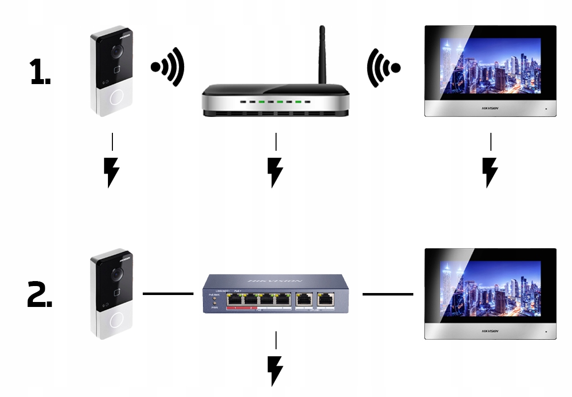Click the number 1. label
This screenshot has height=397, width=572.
pyautogui.click(x=40, y=72)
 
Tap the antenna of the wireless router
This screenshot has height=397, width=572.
pyautogui.click(x=322, y=55)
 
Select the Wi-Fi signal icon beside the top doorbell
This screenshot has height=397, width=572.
pyautogui.click(x=168, y=67)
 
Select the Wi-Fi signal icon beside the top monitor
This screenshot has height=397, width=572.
pyautogui.click(x=383, y=67)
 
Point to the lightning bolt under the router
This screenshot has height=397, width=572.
pyautogui.click(x=275, y=172)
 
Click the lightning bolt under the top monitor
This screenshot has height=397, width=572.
pyautogui.click(x=490, y=172)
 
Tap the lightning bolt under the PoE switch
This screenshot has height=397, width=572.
pyautogui.click(x=275, y=370)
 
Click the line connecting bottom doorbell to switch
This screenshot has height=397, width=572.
pyautogui.click(x=168, y=294)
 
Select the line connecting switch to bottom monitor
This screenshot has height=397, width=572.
pyautogui.click(x=387, y=294)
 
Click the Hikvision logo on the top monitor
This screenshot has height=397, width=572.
pyautogui.click(x=490, y=108)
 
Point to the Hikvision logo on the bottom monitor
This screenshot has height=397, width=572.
pyautogui.click(x=490, y=331)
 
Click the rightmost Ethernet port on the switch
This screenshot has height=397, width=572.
pyautogui.click(x=326, y=299)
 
